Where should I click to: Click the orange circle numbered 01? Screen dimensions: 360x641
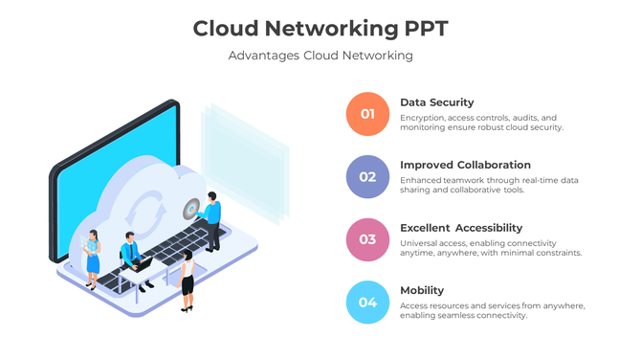tap(367, 114)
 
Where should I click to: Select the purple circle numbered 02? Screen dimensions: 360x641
tap(367, 176)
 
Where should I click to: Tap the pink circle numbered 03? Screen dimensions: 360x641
tap(367, 239)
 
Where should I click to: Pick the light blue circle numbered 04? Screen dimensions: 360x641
tap(367, 303)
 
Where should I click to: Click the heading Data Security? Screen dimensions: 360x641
tap(436, 102)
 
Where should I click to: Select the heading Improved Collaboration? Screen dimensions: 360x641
tap(465, 165)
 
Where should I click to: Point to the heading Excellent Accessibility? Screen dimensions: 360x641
tap(461, 228)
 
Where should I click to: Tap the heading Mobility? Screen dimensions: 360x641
tap(422, 290)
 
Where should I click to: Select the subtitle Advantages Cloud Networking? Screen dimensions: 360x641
tap(320, 56)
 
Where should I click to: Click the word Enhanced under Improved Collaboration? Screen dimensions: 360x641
tap(421, 180)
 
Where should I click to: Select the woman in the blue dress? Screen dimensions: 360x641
tap(92, 258)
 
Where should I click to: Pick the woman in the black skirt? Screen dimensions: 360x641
tap(188, 280)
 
